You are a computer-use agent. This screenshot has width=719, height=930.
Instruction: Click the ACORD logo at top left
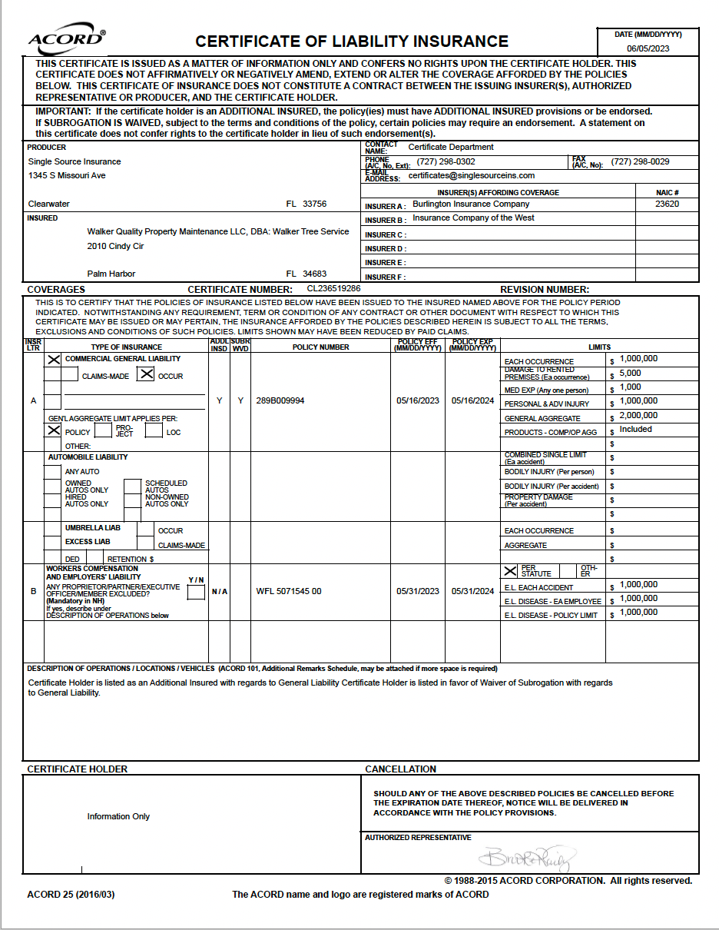pos(67,40)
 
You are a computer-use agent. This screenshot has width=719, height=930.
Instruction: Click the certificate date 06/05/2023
pos(648,48)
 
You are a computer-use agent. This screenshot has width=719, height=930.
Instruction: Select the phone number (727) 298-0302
pos(446,162)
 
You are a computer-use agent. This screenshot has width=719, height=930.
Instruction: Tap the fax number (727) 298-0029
pos(640,162)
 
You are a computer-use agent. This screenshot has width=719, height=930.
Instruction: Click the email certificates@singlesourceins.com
pos(471,176)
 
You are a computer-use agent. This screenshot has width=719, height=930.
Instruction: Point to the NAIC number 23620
pos(667,204)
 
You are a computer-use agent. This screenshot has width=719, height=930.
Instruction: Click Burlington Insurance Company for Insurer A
pos(471,204)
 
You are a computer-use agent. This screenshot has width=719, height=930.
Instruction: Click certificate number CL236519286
pos(333,289)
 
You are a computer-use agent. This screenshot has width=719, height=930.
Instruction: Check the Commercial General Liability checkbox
pos(54,359)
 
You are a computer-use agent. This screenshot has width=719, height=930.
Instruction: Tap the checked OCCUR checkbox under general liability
pos(146,374)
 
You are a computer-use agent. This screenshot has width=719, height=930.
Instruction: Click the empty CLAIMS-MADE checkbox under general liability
pos(70,375)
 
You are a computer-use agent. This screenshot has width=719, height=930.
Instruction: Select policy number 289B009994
pos(280,401)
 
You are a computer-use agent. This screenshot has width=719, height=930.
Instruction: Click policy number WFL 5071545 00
pos(289,592)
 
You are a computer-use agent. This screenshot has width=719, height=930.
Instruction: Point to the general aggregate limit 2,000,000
pos(638,416)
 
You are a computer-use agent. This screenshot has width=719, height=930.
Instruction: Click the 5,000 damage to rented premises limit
pos(630,374)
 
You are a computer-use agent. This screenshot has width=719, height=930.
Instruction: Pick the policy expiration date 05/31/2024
pos(472,592)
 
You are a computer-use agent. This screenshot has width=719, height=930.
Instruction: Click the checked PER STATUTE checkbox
pos(510,571)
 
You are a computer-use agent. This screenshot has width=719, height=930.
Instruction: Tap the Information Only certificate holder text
pos(118,817)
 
